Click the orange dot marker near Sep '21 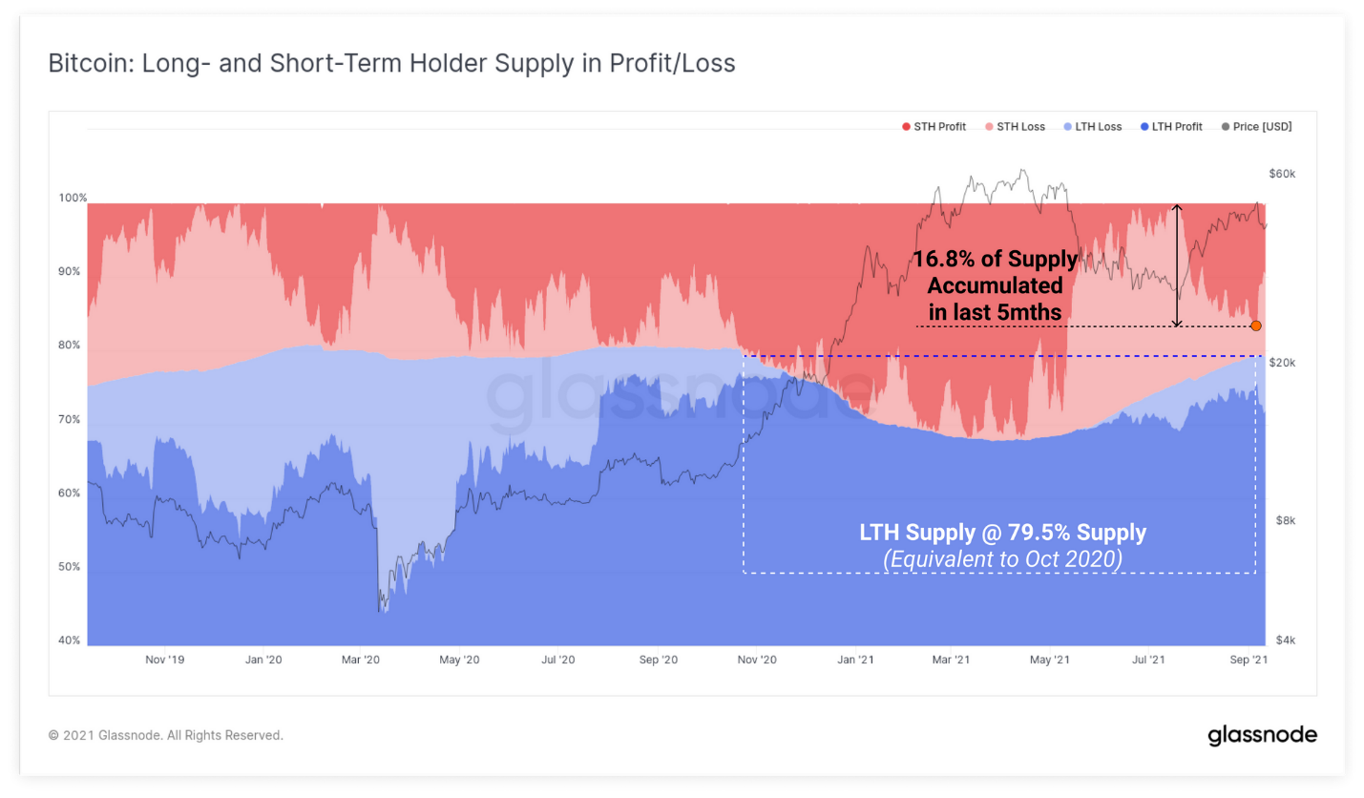coord(1256,325)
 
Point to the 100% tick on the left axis coord(73,199)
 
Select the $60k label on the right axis coord(1281,174)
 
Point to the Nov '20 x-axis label coord(755,660)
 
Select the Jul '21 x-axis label coord(1148,660)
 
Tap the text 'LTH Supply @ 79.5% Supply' coord(1002,533)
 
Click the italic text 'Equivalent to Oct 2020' coord(1002,558)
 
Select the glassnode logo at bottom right coord(1262,735)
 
